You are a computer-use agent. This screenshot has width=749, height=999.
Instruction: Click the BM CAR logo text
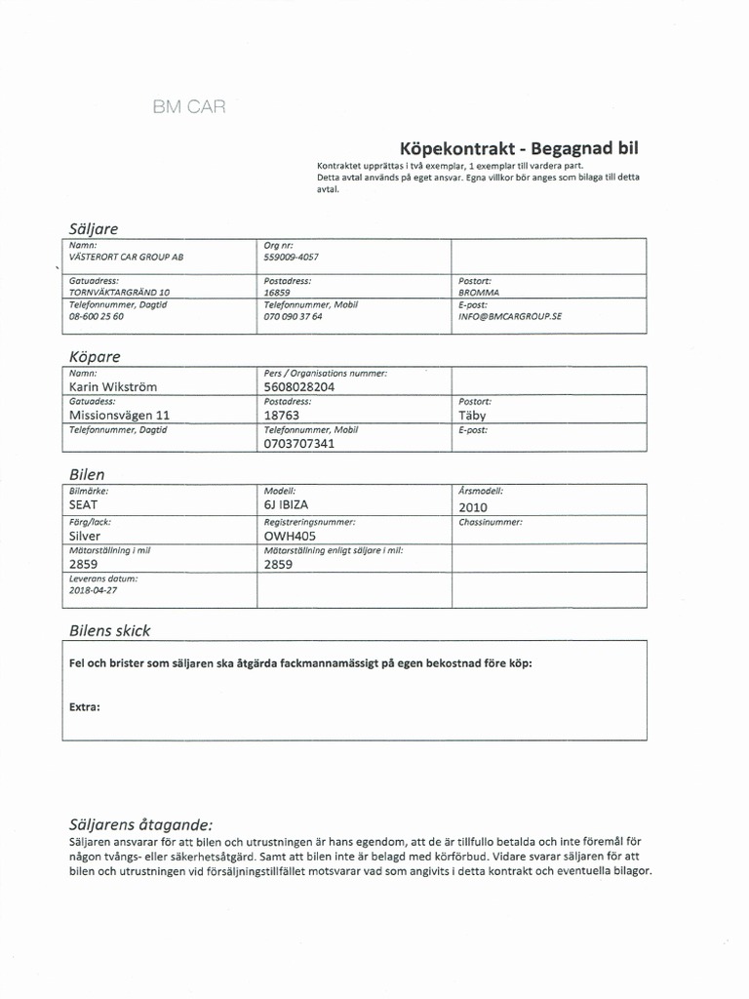[x=189, y=106]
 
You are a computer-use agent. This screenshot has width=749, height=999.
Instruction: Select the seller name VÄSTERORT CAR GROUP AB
[x=126, y=257]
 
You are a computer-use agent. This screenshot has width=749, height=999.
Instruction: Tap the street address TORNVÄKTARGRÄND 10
[x=120, y=291]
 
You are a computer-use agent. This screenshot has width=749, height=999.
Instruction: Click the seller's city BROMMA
[x=478, y=291]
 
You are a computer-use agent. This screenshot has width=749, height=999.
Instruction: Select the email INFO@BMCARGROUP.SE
[x=510, y=316]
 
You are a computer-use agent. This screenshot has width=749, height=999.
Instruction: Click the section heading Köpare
[x=96, y=356]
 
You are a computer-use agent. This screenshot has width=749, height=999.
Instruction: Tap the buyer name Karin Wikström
[x=112, y=386]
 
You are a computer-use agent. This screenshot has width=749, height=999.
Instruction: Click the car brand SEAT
[x=85, y=505]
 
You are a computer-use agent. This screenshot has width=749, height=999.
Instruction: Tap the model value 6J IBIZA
[x=286, y=505]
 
